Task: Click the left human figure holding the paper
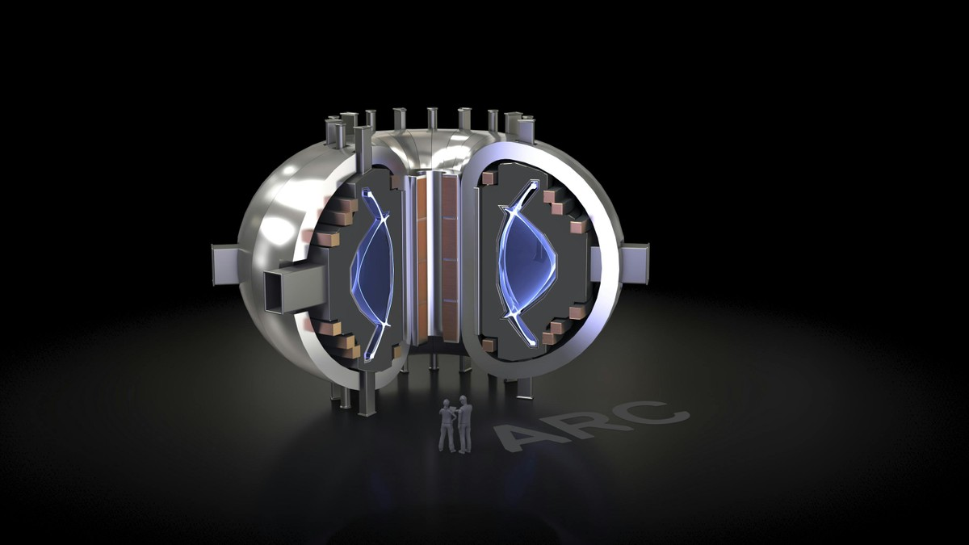pos(447,426)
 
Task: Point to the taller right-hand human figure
pos(464,424)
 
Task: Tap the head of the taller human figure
pos(463,398)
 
